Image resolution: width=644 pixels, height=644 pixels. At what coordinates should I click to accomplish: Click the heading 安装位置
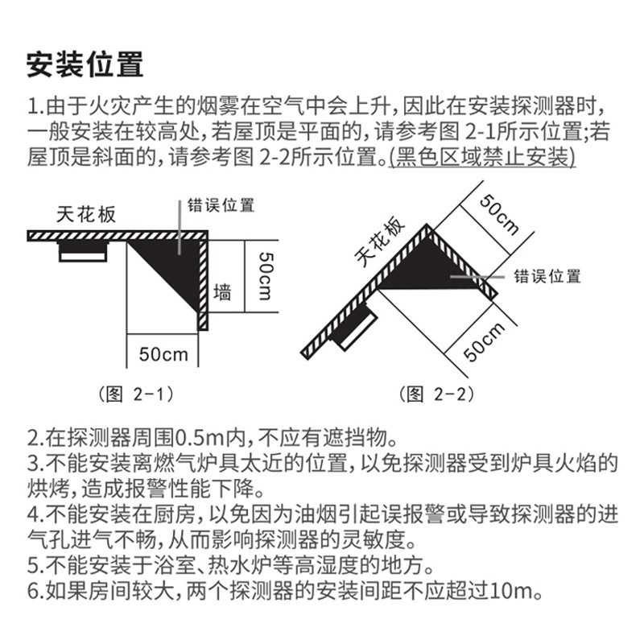[x=85, y=64]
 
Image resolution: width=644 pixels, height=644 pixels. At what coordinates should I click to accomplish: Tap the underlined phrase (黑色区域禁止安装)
[x=481, y=156]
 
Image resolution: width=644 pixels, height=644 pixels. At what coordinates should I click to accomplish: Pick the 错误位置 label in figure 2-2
[x=547, y=276]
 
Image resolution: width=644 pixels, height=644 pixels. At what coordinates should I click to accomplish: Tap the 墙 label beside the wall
[x=223, y=291]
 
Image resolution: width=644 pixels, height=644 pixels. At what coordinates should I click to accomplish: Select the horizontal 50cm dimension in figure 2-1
[x=164, y=353]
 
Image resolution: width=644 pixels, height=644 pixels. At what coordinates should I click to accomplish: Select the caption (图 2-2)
[x=436, y=394]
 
